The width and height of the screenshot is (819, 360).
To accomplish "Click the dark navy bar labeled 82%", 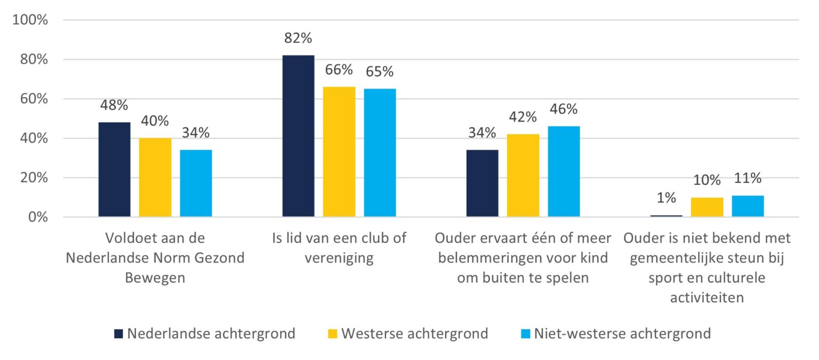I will point(298,136).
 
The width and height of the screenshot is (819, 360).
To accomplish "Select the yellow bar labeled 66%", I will point(339,151).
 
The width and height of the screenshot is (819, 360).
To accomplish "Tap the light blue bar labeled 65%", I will point(380,153).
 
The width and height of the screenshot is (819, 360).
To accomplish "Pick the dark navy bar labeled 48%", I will point(115,170).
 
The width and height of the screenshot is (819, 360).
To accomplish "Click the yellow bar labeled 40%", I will point(155,177).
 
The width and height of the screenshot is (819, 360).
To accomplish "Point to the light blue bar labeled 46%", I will point(564,171).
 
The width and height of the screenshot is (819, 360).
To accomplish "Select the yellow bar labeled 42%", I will point(523,175).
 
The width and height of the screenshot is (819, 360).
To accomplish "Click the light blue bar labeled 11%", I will point(748,206).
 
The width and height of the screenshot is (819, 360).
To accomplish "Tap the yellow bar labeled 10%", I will point(707,207).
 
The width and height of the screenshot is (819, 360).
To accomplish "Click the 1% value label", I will point(667,198).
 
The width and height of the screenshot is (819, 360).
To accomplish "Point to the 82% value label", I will point(298,39).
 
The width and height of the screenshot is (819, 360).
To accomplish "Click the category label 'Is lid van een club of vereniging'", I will point(339,248).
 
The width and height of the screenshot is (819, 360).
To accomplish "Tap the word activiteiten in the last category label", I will point(706,298).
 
